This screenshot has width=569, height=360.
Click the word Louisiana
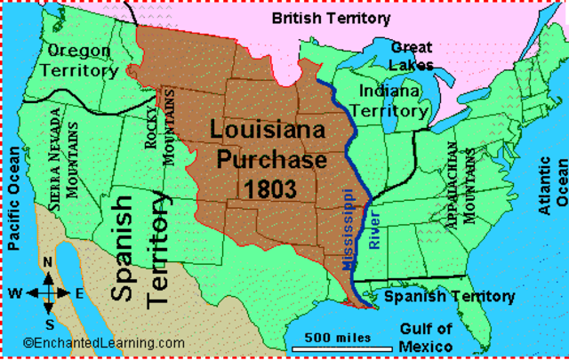point(266,131)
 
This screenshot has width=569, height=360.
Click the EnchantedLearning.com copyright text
point(104,343)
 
